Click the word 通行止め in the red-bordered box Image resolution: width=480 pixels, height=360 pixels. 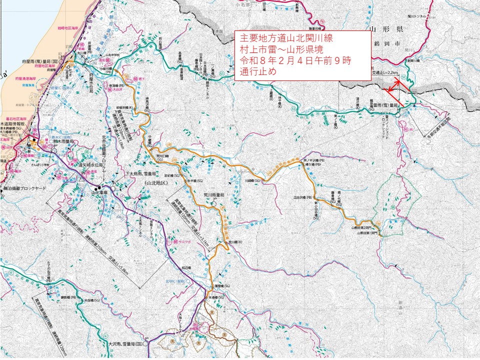coord(258,71)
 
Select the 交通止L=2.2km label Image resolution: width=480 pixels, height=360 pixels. coord(386,72)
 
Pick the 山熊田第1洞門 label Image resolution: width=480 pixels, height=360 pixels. coord(368,232)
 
